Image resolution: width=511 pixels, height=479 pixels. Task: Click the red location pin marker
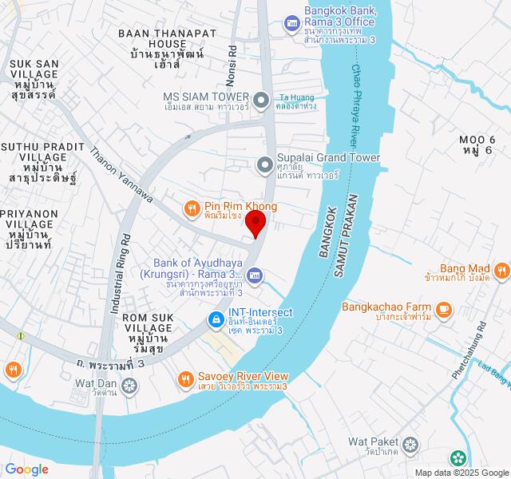point(255,223)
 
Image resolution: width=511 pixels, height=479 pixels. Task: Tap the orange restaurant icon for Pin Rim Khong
point(192,209)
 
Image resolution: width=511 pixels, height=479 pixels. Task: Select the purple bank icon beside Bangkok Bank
point(291,22)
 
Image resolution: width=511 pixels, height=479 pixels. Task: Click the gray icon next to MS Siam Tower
point(261,100)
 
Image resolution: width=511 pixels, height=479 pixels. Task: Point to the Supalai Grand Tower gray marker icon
point(264,164)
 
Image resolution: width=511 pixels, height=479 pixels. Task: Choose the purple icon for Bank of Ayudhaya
point(255,276)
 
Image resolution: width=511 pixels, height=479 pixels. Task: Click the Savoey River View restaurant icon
point(185,378)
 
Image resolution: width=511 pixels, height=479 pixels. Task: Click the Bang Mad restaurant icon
point(501,270)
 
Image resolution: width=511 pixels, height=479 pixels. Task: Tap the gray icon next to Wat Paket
point(410,443)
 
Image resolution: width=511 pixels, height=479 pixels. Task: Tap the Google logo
point(26,469)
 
